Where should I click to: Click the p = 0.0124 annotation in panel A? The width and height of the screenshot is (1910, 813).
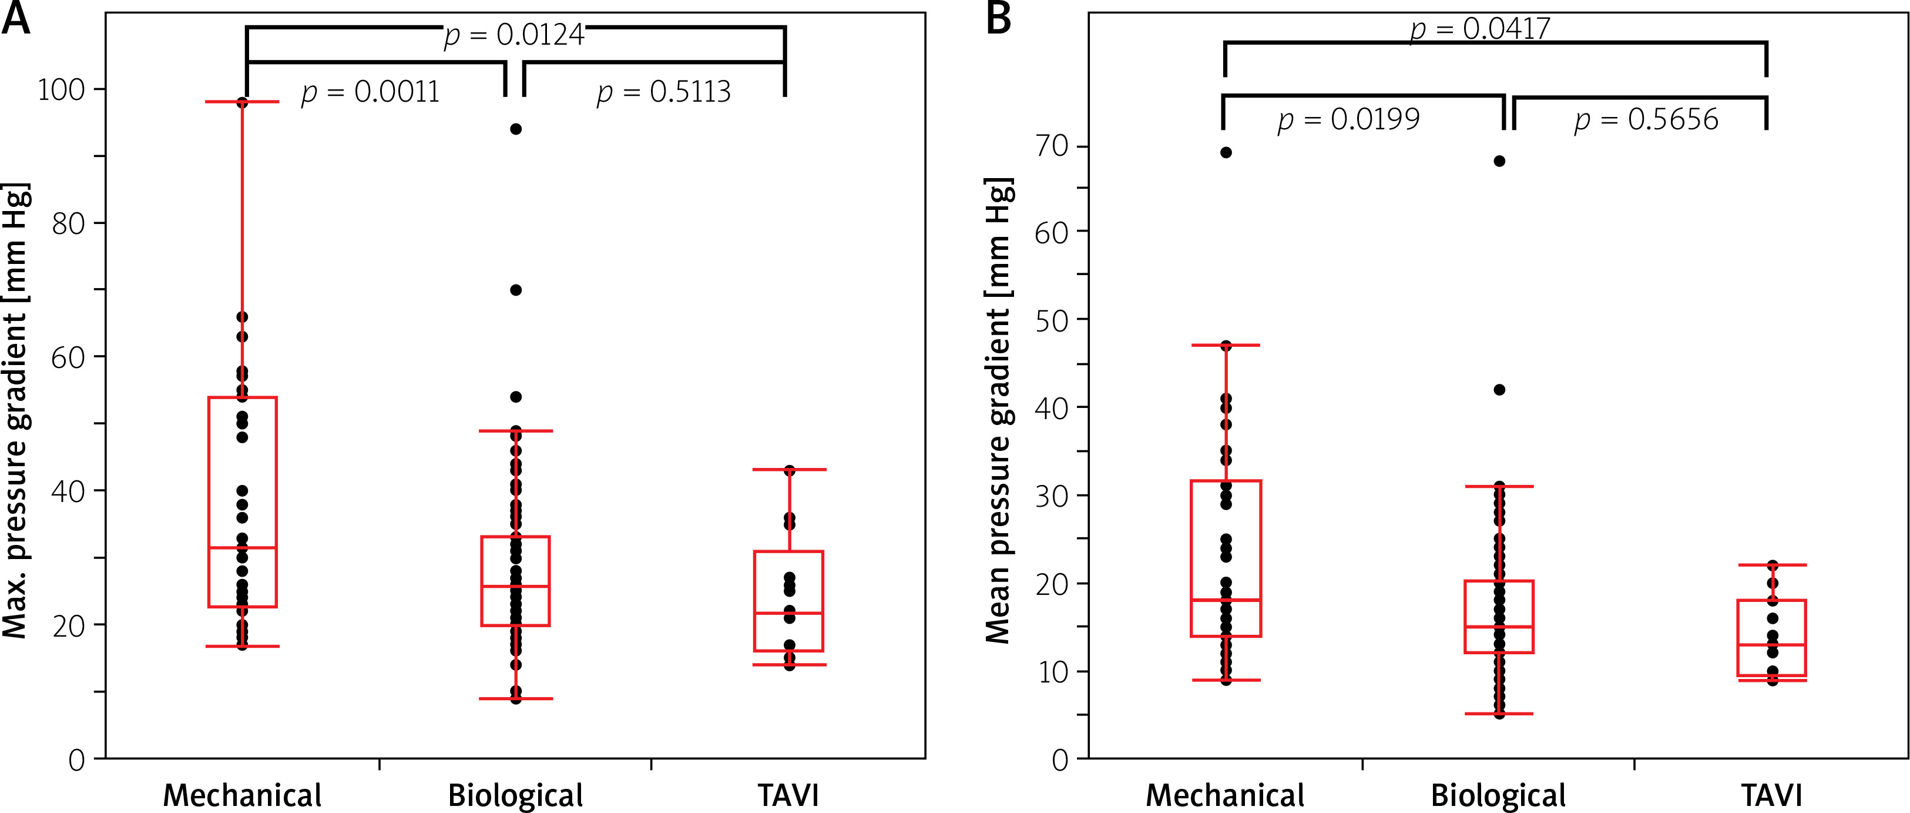point(514,35)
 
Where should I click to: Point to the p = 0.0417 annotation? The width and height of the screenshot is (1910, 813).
point(1480,29)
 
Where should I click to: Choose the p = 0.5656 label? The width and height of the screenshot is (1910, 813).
point(1646,119)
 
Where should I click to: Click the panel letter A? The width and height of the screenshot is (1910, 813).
point(16,19)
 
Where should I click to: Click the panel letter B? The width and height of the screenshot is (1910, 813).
point(999,19)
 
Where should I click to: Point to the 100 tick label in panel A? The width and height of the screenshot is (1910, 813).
point(62,90)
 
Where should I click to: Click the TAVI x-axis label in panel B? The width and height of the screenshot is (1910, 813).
point(1771,795)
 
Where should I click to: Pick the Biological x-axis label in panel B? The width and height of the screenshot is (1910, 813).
point(1498,795)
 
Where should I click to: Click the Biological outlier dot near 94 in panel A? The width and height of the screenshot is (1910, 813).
point(516,129)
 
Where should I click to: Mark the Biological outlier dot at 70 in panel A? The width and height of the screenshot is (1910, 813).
point(516,290)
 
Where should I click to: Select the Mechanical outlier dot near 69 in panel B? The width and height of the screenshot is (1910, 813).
point(1226,153)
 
